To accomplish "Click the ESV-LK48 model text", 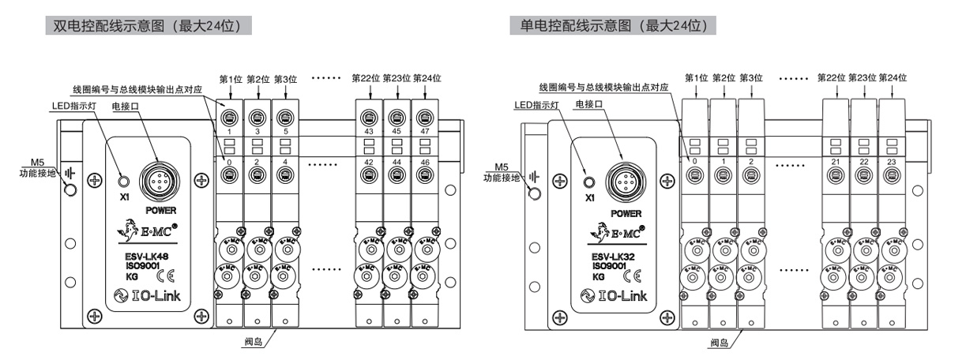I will pos(145,255).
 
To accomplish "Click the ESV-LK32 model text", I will pos(611,255).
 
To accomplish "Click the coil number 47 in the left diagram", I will pos(427,131).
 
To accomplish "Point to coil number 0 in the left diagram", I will pos(230,161).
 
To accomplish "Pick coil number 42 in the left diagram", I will pos(370,161).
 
